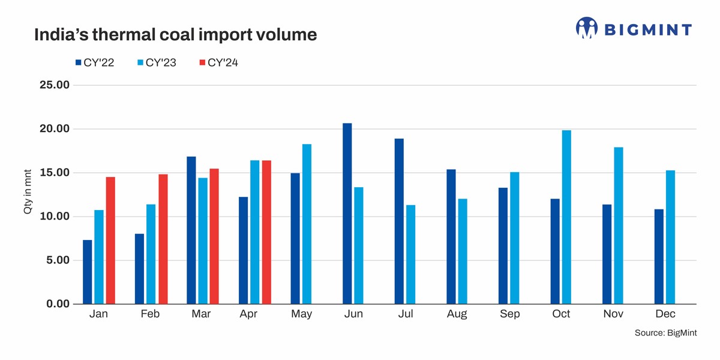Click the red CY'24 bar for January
110,240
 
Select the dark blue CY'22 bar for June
347,214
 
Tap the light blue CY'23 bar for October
566,217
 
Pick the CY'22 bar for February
139,269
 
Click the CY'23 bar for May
307,224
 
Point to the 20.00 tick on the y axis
55,129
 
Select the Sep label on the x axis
509,314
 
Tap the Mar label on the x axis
201,314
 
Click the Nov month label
614,314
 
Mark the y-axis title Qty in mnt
28,194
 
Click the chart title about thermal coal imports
175,35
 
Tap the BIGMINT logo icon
586,28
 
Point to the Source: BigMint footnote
665,332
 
